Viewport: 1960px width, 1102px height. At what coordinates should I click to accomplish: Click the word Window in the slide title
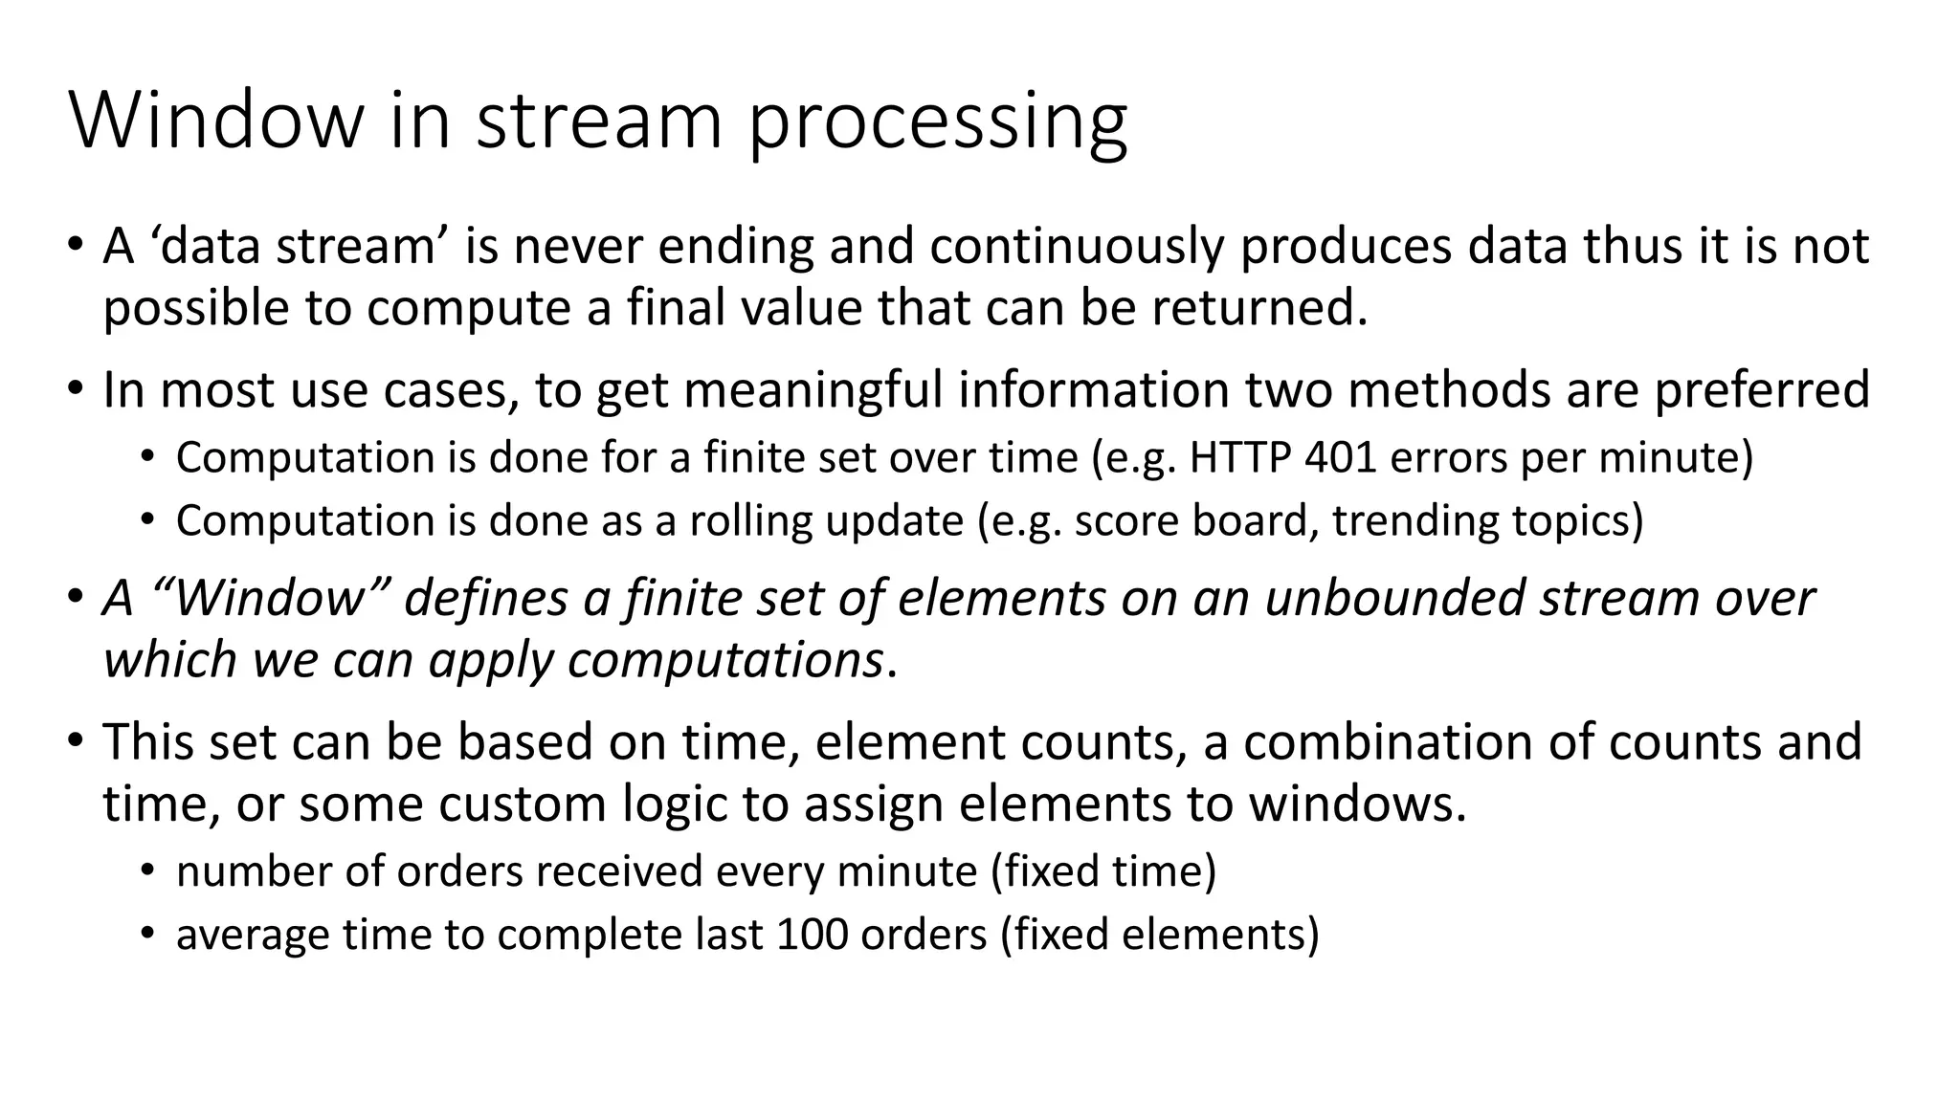coord(216,121)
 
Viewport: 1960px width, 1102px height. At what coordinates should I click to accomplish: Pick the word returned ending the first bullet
coord(1258,308)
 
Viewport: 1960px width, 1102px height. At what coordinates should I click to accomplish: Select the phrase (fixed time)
coord(1103,872)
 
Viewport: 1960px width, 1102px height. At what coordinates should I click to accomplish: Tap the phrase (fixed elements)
coord(1160,935)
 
